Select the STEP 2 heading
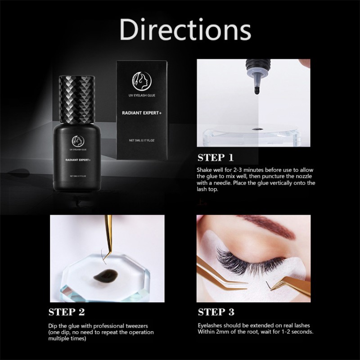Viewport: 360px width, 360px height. tap(66, 311)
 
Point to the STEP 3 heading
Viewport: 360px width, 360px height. tap(216, 311)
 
